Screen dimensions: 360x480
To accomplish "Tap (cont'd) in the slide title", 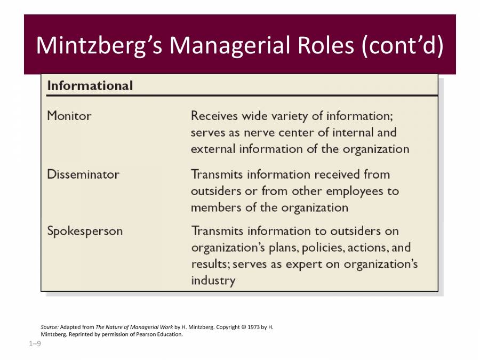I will (x=402, y=45).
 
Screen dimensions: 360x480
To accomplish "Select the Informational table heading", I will (x=90, y=85).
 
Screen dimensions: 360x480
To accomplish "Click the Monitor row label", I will (x=69, y=116).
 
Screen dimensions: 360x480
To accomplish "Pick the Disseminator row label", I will (x=83, y=174).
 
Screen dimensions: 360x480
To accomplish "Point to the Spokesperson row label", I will (x=85, y=231).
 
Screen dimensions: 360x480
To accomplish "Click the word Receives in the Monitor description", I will (x=214, y=116).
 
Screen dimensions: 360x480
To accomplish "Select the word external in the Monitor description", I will (x=213, y=149).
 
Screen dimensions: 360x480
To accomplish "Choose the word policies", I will (x=304, y=247).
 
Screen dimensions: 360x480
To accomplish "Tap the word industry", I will (x=213, y=281).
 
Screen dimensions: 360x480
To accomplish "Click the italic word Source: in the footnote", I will (x=50, y=327).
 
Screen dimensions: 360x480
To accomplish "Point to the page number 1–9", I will (x=35, y=344).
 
